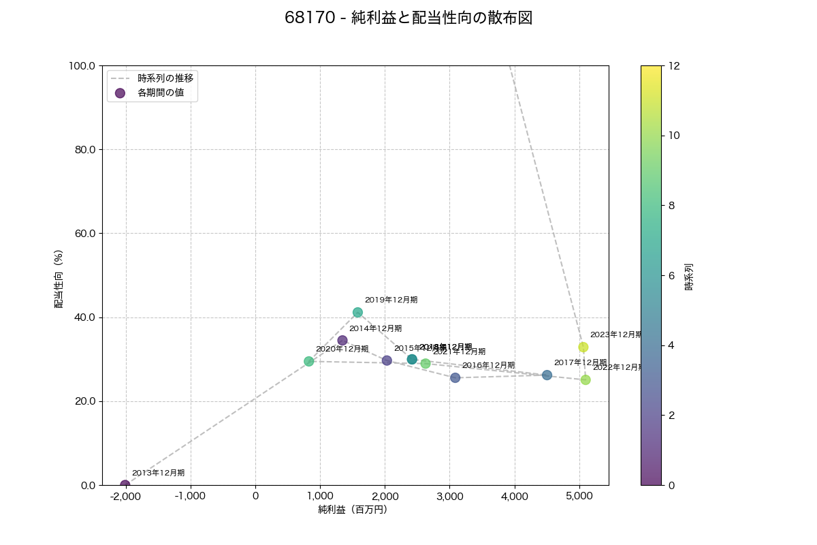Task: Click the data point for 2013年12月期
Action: click(x=125, y=485)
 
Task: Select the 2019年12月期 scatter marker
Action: click(x=357, y=313)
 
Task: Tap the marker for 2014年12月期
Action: click(x=342, y=341)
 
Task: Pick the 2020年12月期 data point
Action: click(x=309, y=361)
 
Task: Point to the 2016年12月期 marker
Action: click(x=455, y=377)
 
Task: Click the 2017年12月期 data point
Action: click(x=547, y=375)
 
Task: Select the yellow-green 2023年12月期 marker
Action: click(x=583, y=347)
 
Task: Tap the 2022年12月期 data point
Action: click(x=586, y=379)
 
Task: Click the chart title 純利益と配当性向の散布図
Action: click(x=408, y=18)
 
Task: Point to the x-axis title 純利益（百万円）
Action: click(x=352, y=510)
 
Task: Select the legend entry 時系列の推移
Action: click(x=165, y=78)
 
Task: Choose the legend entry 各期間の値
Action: click(x=161, y=93)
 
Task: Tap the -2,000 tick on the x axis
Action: click(x=125, y=496)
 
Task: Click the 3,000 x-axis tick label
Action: click(x=449, y=496)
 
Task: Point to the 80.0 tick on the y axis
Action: click(x=86, y=150)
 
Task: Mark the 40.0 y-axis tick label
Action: click(x=86, y=317)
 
